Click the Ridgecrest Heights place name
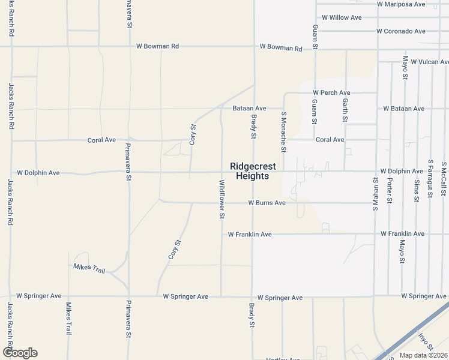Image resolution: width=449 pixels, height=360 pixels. tap(253, 172)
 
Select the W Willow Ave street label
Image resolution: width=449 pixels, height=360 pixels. tap(342, 17)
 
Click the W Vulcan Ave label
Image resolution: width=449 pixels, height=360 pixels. tap(426, 62)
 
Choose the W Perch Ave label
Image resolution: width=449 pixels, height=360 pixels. tap(331, 93)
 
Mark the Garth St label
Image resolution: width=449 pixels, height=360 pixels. tap(345, 110)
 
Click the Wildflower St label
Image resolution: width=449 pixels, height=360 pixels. tap(221, 199)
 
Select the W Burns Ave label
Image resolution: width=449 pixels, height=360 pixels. tap(267, 203)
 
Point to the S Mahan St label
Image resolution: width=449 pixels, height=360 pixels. tap(375, 195)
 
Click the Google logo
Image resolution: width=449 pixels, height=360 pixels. tap(20, 353)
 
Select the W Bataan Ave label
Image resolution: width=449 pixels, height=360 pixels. tap(404, 109)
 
